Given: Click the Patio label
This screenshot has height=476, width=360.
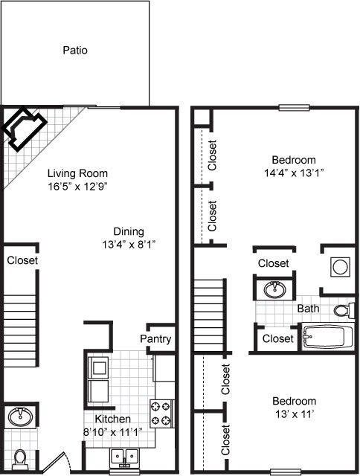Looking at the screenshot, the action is [75, 50].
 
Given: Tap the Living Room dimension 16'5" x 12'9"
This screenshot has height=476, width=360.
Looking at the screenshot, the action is [77, 186].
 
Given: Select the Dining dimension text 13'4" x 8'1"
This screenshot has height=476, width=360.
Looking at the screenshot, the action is [129, 244].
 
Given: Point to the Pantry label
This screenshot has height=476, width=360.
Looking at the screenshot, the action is [155, 339].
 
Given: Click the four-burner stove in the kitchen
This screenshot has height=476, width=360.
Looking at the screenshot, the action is [161, 414].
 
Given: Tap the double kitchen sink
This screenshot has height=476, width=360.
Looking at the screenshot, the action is [125, 456].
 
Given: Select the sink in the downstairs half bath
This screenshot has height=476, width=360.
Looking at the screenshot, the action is [20, 416].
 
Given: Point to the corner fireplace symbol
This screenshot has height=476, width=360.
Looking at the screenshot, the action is [25, 129].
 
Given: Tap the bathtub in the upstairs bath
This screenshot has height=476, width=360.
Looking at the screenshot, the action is [327, 337].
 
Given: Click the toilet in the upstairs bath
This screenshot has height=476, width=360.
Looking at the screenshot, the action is [344, 310].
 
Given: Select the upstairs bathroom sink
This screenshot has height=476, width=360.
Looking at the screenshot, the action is [274, 289].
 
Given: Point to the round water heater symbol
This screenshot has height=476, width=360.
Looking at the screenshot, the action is [340, 267].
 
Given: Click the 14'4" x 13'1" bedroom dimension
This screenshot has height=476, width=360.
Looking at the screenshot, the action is [294, 173].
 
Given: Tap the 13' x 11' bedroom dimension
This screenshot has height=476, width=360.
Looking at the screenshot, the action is [294, 414].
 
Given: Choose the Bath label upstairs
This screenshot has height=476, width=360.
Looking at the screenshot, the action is [308, 309].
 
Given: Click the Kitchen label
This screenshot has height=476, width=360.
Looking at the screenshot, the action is [112, 419].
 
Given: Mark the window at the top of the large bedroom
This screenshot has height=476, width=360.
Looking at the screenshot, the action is [294, 107].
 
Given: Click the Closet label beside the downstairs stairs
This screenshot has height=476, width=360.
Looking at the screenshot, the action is [22, 260].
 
